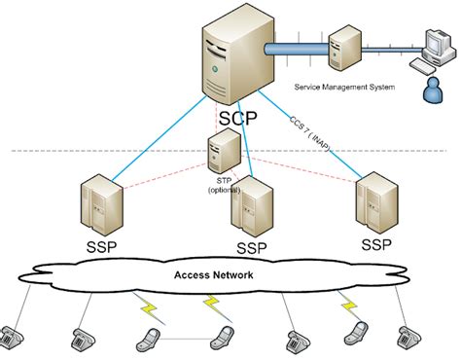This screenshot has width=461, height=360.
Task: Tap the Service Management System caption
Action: click(x=343, y=87)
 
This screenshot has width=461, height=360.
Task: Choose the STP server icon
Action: click(x=224, y=150)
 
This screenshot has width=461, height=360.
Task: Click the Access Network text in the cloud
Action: click(x=214, y=275)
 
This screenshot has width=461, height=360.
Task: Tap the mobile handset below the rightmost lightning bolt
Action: click(x=356, y=335)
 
